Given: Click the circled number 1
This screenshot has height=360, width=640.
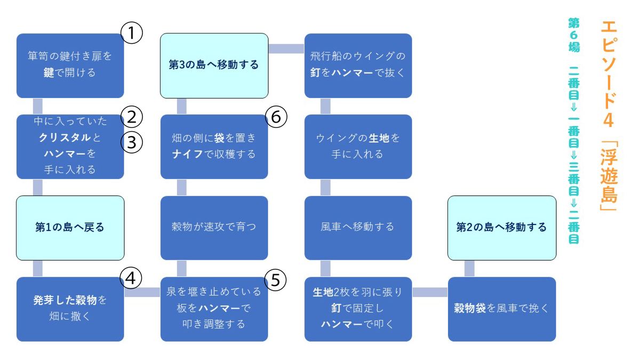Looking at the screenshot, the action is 131,33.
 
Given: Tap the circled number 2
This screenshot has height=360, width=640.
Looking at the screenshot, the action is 131,117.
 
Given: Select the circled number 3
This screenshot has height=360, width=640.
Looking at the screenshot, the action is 131,142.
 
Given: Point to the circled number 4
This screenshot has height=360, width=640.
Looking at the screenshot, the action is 131,278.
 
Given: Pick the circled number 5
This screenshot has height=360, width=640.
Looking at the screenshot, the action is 275,280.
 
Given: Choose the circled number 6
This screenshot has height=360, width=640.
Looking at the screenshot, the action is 276,117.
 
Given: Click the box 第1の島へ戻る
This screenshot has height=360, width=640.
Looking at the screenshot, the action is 70,228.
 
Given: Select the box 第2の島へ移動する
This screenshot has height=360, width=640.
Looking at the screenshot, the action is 502,228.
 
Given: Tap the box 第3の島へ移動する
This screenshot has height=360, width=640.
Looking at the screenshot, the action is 214,66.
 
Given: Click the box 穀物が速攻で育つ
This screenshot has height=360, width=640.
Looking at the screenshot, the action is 214,228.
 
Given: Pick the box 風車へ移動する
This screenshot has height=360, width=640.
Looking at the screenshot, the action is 358,228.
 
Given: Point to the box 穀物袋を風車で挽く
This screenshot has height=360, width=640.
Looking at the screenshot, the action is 502,309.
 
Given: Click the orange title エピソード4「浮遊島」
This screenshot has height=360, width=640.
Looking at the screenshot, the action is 609,116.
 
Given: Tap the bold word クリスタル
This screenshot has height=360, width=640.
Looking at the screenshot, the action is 65,138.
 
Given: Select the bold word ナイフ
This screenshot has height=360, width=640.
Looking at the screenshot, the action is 187,154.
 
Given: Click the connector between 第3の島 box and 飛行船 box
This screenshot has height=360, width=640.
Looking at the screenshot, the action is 286,49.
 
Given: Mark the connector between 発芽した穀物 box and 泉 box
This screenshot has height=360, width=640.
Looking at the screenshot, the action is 142,292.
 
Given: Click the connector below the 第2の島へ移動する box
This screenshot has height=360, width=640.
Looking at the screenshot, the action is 469,269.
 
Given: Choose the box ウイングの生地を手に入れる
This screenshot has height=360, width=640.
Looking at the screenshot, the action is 358,147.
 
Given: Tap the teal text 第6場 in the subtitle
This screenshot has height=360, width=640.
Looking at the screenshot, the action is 574,35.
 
